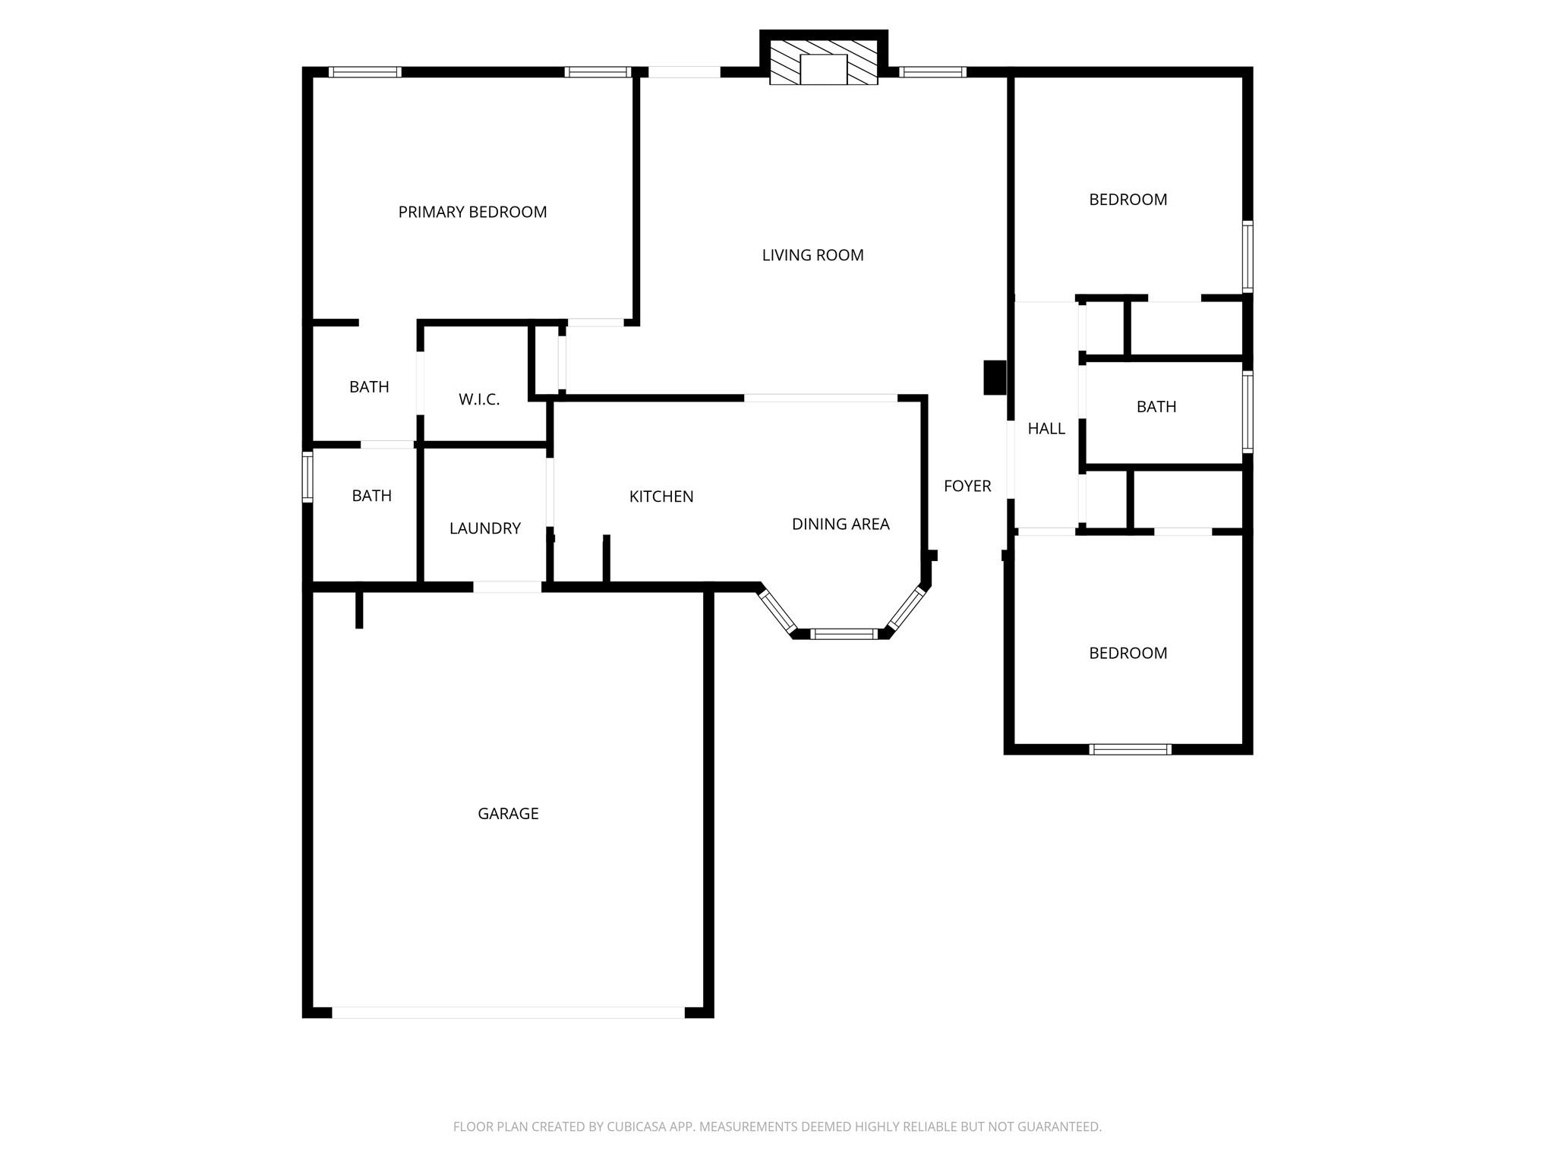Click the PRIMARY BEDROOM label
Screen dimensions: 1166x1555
pyautogui.click(x=472, y=212)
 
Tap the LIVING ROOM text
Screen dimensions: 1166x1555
pyautogui.click(x=812, y=255)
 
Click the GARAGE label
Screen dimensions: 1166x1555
pyautogui.click(x=508, y=814)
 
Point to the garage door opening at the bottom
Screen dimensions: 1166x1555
pyautogui.click(x=508, y=1012)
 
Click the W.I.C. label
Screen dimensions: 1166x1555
pyautogui.click(x=479, y=399)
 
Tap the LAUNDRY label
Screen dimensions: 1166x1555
pyautogui.click(x=484, y=528)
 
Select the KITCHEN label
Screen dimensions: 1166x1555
pyautogui.click(x=661, y=496)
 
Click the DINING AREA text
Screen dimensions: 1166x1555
pyautogui.click(x=841, y=524)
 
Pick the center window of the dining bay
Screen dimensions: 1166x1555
pyautogui.click(x=844, y=634)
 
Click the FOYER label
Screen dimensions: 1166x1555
pyautogui.click(x=967, y=486)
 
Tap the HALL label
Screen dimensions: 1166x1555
pyautogui.click(x=1046, y=429)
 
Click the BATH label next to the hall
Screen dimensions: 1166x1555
pyautogui.click(x=1156, y=407)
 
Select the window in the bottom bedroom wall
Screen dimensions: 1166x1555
pyautogui.click(x=1130, y=749)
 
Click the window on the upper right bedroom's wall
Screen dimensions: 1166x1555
pyautogui.click(x=1247, y=257)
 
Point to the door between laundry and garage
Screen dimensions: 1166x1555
pyautogui.click(x=507, y=587)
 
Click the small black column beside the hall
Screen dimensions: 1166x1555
pyautogui.click(x=995, y=377)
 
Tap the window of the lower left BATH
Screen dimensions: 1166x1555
pyautogui.click(x=308, y=477)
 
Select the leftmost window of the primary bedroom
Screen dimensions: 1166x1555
pyautogui.click(x=365, y=72)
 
